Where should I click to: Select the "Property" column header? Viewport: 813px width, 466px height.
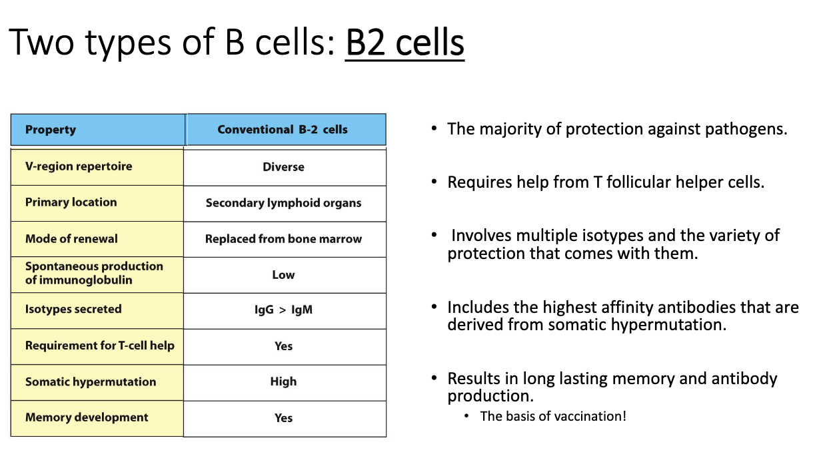tap(51, 130)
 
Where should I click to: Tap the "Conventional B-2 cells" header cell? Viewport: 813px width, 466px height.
tap(283, 130)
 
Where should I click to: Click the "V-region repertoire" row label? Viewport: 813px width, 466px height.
tap(79, 166)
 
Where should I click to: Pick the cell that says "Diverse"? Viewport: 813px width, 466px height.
tap(283, 167)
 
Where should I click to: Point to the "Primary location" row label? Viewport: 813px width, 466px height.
tap(71, 202)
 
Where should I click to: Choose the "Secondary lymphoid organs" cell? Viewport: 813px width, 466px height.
tap(283, 203)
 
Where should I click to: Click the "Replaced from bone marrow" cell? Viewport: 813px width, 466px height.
tap(283, 239)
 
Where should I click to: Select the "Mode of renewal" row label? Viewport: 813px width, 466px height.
tap(71, 238)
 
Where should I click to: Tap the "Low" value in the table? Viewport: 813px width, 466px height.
tap(283, 275)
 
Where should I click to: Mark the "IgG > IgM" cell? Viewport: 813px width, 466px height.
tap(283, 310)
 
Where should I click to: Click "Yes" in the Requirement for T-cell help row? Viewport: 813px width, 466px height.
tap(283, 346)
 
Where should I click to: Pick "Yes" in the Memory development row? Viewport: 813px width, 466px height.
tap(283, 418)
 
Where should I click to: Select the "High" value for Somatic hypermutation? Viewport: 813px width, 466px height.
tap(283, 381)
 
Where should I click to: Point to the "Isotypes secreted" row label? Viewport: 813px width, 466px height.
tap(73, 309)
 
